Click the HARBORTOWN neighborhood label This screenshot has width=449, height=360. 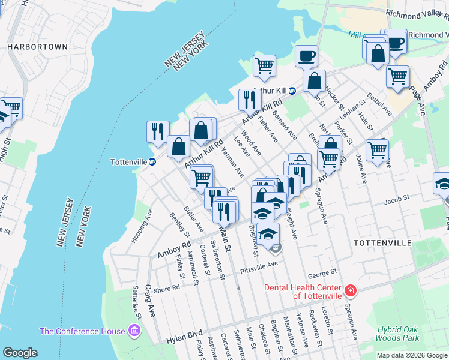[37, 46]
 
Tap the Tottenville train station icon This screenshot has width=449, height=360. [152, 162]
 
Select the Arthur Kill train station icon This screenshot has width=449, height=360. [292, 91]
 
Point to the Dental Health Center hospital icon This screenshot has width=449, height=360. [350, 292]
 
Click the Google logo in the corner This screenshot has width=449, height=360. [20, 353]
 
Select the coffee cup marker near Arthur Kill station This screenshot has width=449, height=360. [306, 56]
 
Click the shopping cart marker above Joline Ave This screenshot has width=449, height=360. [377, 150]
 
